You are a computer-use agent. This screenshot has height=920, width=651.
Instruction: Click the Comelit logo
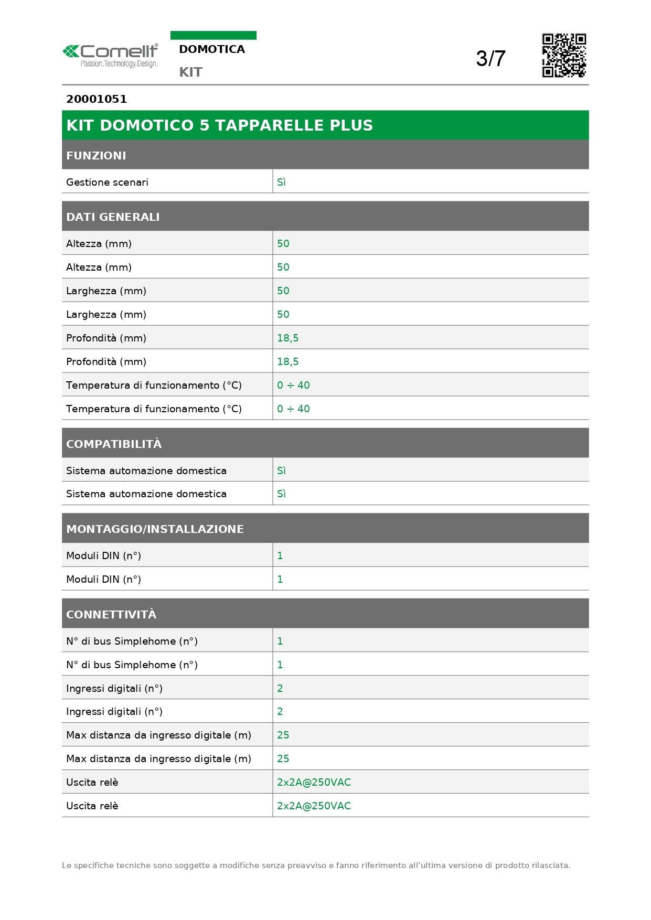[110, 51]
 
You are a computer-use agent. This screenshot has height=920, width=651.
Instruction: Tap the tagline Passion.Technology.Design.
[119, 64]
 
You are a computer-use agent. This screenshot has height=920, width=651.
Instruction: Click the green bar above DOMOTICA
[213, 35]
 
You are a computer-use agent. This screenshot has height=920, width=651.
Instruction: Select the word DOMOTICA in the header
[212, 49]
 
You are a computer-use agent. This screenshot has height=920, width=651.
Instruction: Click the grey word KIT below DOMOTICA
[190, 72]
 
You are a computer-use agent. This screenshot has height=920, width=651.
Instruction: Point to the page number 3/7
[490, 59]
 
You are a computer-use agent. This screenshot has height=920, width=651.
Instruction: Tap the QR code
[564, 56]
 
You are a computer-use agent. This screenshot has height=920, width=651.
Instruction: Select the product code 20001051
[97, 99]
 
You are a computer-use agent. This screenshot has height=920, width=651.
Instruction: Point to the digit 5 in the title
[204, 125]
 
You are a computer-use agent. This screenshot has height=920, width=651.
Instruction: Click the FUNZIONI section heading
[96, 156]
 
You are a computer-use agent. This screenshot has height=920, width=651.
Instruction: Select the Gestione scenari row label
[107, 183]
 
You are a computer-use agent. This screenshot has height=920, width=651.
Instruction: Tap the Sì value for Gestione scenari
[281, 183]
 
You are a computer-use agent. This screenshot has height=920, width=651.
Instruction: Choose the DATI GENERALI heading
[113, 217]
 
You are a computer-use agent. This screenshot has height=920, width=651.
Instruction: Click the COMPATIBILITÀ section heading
[114, 444]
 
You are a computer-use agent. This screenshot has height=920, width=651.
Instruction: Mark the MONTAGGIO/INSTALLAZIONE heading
[155, 529]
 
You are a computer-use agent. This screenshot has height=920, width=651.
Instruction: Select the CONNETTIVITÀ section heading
[111, 615]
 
